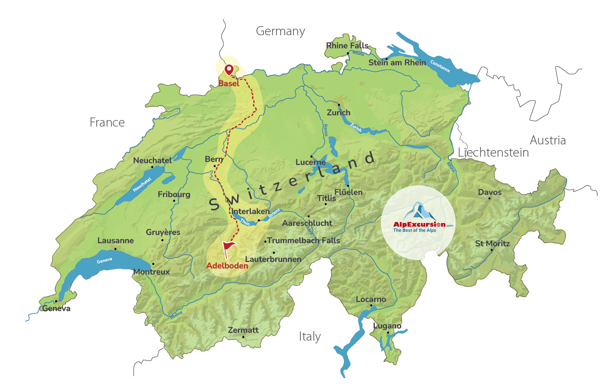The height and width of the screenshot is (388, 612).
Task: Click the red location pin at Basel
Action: pyautogui.click(x=229, y=70)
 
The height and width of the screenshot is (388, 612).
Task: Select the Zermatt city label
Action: pyautogui.click(x=243, y=330)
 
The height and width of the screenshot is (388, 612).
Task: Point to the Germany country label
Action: pyautogui.click(x=280, y=31)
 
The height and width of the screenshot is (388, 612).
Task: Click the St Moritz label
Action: pyautogui.click(x=492, y=244)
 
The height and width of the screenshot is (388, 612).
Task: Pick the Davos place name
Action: pyautogui.click(x=490, y=192)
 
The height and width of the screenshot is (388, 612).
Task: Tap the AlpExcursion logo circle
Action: pyautogui.click(x=418, y=223)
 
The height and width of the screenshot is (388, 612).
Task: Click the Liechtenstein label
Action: pyautogui.click(x=493, y=153)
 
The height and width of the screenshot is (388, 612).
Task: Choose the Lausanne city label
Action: pyautogui.click(x=115, y=241)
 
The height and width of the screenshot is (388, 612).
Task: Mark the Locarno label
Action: pyautogui.click(x=371, y=299)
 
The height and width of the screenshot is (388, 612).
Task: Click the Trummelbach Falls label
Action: pyautogui.click(x=303, y=241)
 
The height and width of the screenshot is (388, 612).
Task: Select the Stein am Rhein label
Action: pyautogui.click(x=397, y=63)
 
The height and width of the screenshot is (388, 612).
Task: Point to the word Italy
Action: pyautogui.click(x=309, y=337)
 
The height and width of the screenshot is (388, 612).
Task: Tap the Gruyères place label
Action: pyautogui.click(x=163, y=232)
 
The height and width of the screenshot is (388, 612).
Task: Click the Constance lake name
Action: pyautogui.click(x=440, y=66)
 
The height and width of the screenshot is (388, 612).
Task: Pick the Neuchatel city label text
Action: pyautogui.click(x=152, y=161)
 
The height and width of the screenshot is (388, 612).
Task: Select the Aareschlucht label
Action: pyautogui.click(x=307, y=223)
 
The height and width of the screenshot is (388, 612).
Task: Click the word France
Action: pyautogui.click(x=107, y=123)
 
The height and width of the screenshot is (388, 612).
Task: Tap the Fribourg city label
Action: pyautogui.click(x=174, y=194)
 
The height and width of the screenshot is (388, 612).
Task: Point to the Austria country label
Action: pyautogui.click(x=548, y=140)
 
